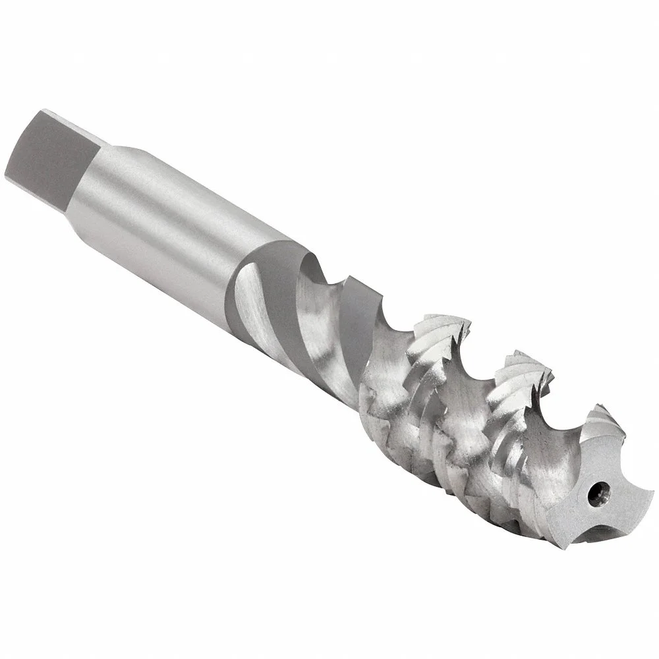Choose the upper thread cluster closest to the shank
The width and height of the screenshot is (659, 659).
(442, 329)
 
